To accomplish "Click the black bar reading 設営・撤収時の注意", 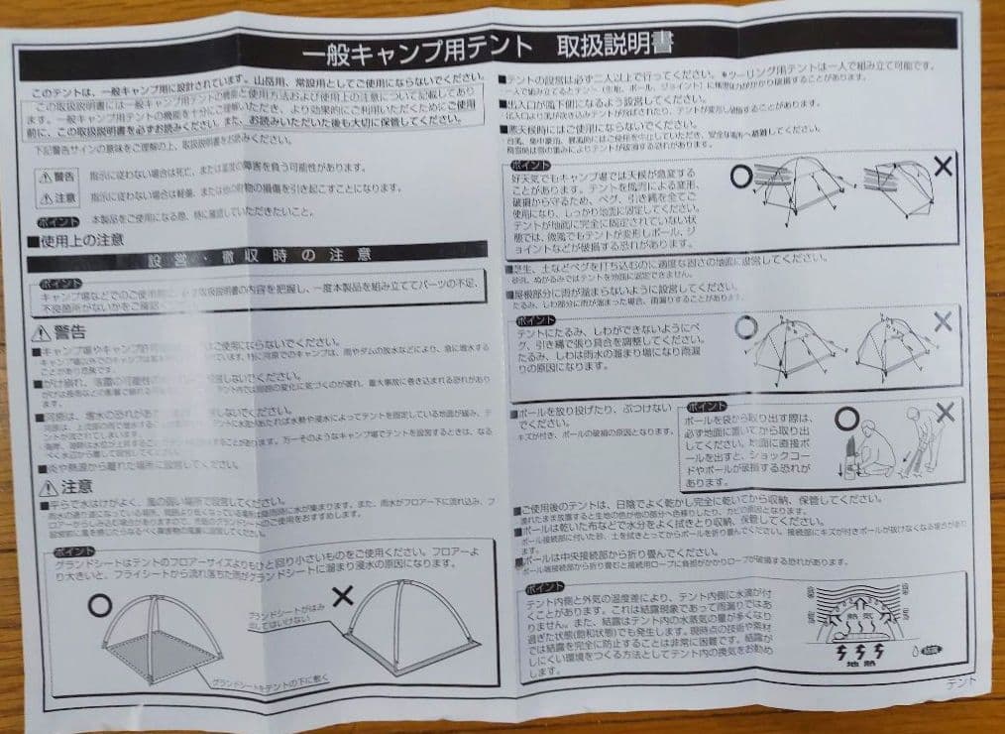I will [x=258, y=260].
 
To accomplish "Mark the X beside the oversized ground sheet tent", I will [x=343, y=595].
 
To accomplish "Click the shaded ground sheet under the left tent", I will [x=168, y=654].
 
